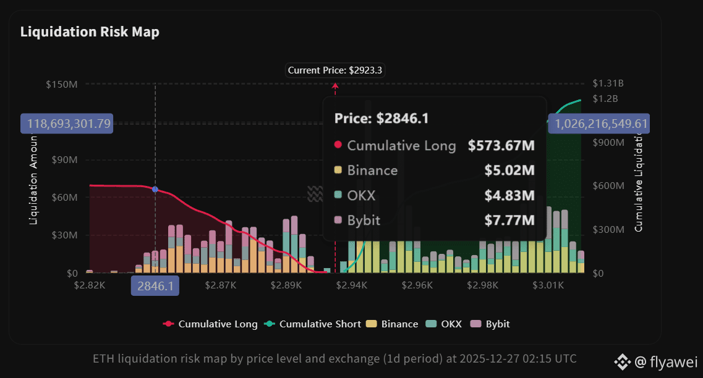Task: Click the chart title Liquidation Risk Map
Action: (90, 32)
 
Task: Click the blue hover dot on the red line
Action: (155, 189)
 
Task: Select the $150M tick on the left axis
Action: (62, 84)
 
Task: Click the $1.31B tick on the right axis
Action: (608, 84)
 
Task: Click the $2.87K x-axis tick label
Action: (220, 285)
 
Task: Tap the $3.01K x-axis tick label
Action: (548, 285)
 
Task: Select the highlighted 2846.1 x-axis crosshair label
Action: (155, 285)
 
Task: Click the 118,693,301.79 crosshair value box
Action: (66, 124)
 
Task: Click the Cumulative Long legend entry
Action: (210, 324)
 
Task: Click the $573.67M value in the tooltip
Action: (501, 146)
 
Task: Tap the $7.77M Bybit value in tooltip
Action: (511, 220)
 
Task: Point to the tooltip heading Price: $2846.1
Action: (381, 119)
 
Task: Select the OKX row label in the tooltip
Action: (361, 196)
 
